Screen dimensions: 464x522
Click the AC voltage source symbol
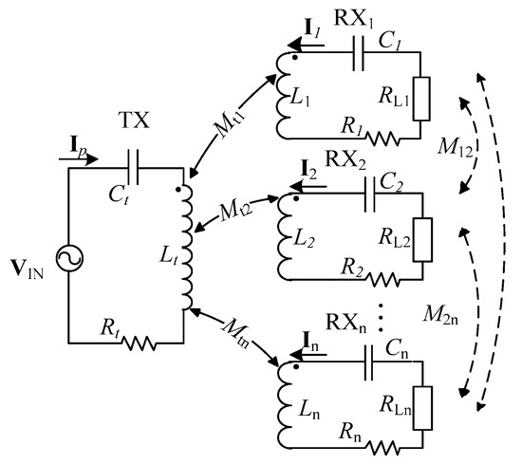pyautogui.click(x=70, y=258)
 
